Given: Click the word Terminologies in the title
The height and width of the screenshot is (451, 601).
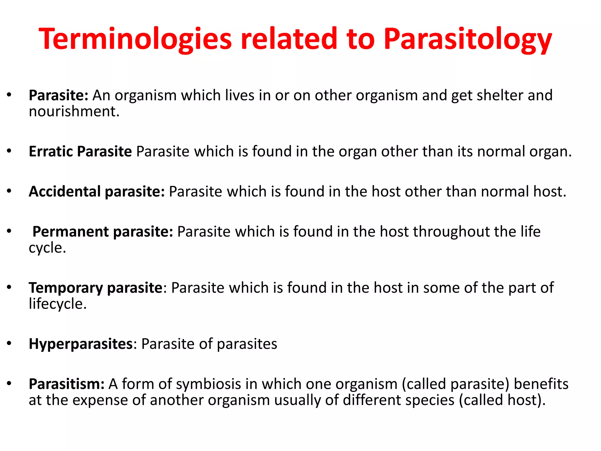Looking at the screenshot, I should [135, 39].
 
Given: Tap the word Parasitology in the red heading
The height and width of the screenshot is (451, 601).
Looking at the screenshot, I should [468, 39].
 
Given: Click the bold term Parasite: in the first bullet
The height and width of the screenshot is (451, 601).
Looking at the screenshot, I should [58, 95].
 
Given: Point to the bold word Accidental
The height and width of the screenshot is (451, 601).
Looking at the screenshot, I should [65, 191].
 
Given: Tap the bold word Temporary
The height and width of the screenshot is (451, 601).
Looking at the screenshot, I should [66, 288].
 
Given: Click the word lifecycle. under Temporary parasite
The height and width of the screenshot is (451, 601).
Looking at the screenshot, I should [58, 304].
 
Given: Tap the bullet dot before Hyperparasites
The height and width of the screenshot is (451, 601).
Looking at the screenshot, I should [9, 343].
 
